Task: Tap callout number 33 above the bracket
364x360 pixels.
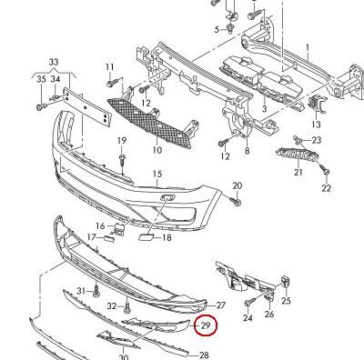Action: click(x=52, y=62)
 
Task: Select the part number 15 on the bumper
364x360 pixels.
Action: click(x=156, y=174)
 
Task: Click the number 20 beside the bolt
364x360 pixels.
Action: click(x=237, y=186)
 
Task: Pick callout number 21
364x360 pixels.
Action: click(x=298, y=172)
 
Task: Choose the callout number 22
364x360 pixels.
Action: click(x=327, y=188)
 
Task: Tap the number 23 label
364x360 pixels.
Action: click(x=317, y=140)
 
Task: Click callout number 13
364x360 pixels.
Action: click(x=317, y=124)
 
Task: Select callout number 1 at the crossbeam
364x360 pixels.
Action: click(x=308, y=46)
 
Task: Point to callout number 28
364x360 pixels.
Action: click(x=203, y=355)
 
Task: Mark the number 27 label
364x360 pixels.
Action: click(x=220, y=305)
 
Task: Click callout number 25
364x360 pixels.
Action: click(x=285, y=301)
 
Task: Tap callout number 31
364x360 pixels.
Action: click(x=81, y=291)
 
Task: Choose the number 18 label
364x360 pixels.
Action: click(x=166, y=237)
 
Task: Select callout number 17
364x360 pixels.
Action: click(x=92, y=237)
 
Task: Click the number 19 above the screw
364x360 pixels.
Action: click(x=121, y=140)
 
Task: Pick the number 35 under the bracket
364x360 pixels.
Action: click(x=40, y=80)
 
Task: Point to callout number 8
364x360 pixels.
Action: click(x=247, y=138)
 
